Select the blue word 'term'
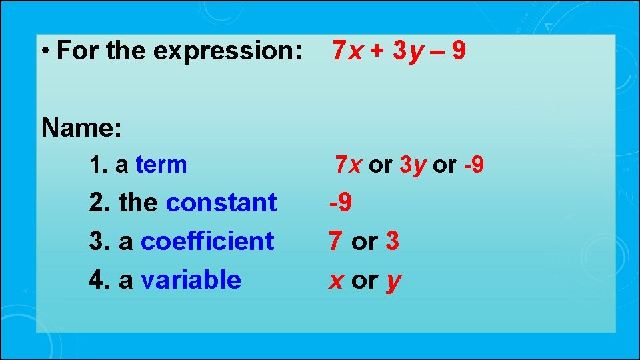point(161,164)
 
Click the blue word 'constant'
point(221,203)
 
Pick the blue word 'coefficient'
point(207,241)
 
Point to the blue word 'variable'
point(191,279)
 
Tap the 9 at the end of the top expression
point(458,51)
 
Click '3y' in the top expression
point(408,51)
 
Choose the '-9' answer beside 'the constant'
point(341,203)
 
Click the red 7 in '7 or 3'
point(336,241)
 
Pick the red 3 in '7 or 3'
point(393,241)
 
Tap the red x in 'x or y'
point(336,280)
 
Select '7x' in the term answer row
point(348,164)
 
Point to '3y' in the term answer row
point(413,164)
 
